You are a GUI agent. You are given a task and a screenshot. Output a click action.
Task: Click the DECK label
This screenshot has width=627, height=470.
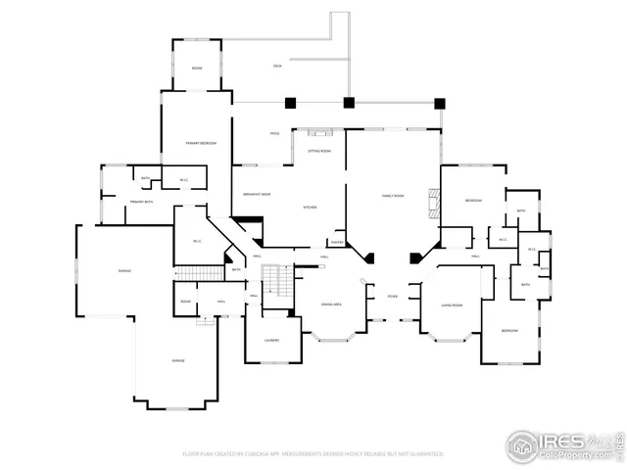[277, 67]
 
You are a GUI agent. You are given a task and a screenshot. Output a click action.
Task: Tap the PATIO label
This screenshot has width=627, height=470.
[275, 133]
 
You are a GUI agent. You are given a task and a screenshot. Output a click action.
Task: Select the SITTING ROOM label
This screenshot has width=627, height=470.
[319, 152]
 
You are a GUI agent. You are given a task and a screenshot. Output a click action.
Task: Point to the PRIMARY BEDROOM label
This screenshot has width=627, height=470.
[201, 144]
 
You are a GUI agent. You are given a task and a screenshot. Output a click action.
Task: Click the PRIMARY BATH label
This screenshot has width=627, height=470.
[142, 202]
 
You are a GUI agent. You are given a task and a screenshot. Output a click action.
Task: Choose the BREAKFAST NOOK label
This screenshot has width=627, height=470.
[258, 194]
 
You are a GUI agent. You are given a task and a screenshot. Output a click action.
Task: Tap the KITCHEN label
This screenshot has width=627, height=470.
[310, 208]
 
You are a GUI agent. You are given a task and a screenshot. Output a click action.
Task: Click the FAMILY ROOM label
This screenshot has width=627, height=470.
[394, 196]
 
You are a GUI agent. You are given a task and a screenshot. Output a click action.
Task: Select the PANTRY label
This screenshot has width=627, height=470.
[336, 242]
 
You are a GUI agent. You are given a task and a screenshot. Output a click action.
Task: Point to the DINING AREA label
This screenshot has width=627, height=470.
[331, 305]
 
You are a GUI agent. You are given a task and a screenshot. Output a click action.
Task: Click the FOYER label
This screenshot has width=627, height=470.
[392, 296]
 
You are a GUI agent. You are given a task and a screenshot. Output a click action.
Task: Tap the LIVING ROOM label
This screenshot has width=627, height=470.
[452, 305]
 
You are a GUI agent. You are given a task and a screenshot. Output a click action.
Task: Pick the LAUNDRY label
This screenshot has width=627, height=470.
[271, 341]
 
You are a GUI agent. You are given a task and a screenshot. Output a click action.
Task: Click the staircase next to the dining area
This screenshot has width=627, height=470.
[280, 283]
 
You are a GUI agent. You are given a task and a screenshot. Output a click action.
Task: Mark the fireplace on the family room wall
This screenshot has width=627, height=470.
[435, 201]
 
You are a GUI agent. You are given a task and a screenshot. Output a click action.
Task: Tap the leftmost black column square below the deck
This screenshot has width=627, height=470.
[290, 102]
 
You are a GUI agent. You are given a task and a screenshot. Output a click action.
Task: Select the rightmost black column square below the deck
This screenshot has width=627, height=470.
[440, 102]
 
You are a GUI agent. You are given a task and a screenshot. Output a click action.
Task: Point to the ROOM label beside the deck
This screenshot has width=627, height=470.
[197, 68]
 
